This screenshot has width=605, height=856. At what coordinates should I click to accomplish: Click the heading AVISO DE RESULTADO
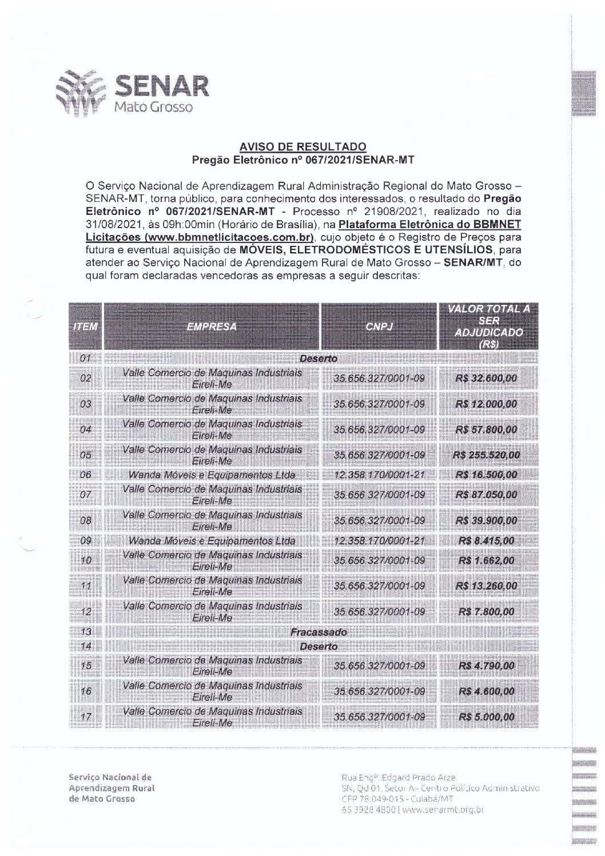pos(302,147)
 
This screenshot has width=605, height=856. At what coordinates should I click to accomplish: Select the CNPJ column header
pos(378,327)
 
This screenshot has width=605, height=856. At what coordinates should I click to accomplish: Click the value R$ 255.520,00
pos(486,455)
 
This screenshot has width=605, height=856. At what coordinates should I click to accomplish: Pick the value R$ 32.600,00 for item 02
pos(486,379)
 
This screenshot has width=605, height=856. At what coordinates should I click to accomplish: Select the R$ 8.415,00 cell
pos(486,541)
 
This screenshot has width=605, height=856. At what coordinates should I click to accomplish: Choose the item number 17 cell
pos(86,717)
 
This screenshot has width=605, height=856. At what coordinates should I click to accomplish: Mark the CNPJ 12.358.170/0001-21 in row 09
pos(379,541)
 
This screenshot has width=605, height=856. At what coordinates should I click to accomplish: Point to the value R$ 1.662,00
pos(486,560)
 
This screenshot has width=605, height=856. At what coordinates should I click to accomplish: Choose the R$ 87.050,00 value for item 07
pos(486,495)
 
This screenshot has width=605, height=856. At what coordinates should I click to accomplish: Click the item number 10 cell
pos(86,560)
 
